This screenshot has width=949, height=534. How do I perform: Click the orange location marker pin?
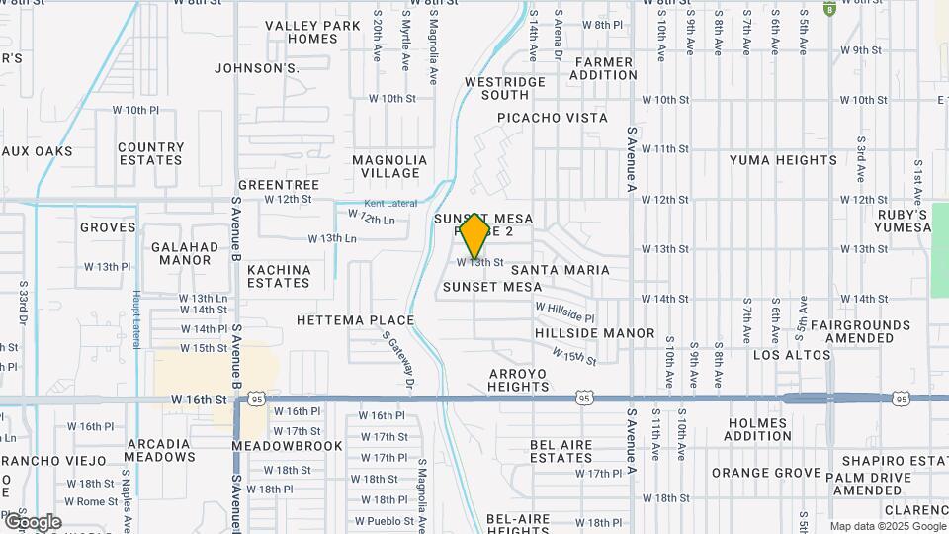[x=475, y=235]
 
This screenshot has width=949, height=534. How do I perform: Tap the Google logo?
[x=32, y=521]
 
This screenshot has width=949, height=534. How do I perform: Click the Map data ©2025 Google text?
[x=887, y=526]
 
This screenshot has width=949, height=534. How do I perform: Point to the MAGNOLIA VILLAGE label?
[x=389, y=166]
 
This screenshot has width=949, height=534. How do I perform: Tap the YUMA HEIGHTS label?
[x=783, y=160]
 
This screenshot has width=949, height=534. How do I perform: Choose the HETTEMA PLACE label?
[x=355, y=320]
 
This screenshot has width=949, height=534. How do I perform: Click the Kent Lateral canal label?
[x=397, y=202]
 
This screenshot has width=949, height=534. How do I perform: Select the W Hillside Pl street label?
[x=564, y=312]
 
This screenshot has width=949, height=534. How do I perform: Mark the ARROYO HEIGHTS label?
[x=518, y=380]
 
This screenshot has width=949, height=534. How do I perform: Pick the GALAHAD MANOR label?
[x=181, y=253]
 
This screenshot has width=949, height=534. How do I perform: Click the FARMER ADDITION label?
[x=604, y=68]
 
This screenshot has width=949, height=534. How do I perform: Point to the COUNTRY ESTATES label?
[x=150, y=153]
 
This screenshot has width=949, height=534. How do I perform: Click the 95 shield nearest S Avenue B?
[x=257, y=399]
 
